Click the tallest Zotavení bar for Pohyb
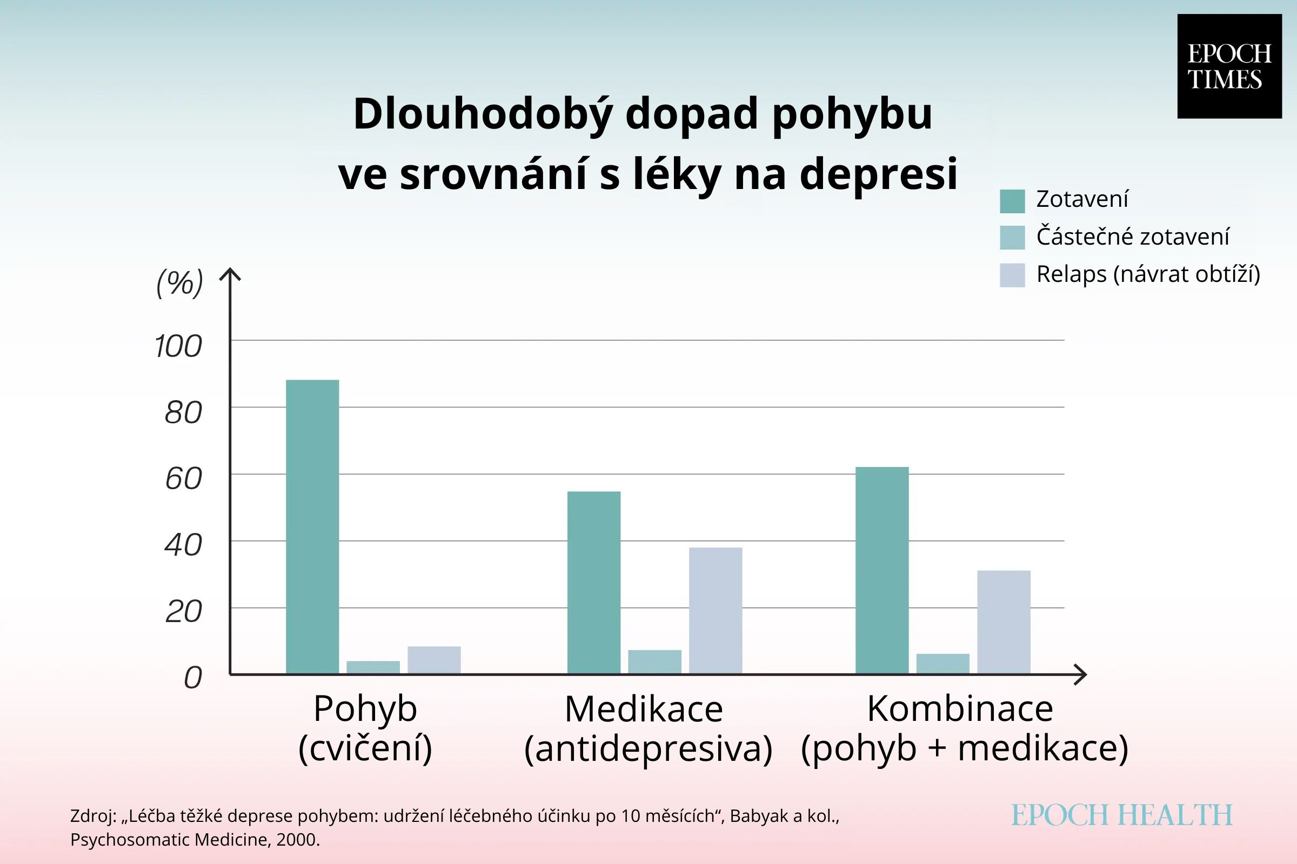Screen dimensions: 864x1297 (x=312, y=526)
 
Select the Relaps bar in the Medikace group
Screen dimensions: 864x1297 (x=715, y=610)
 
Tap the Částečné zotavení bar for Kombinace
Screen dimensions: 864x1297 (x=942, y=664)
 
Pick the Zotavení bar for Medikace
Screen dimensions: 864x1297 (x=593, y=582)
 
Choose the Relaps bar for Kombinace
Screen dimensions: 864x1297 (x=1004, y=622)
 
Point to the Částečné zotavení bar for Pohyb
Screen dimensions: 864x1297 (x=373, y=667)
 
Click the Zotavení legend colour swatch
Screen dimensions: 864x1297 (x=1012, y=201)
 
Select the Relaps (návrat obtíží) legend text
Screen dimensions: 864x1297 (x=1148, y=274)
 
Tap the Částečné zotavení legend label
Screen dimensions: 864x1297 (x=1133, y=237)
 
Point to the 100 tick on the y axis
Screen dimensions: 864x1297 (x=178, y=347)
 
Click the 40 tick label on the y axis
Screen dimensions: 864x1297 (x=183, y=545)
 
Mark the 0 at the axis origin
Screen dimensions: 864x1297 (x=193, y=677)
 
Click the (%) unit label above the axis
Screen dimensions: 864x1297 (x=180, y=283)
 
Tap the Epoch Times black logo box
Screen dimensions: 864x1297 (x=1229, y=66)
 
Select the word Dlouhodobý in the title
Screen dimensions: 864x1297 (x=483, y=114)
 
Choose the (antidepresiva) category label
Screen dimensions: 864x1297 (x=648, y=749)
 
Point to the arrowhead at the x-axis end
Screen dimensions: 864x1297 (x=1082, y=674)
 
